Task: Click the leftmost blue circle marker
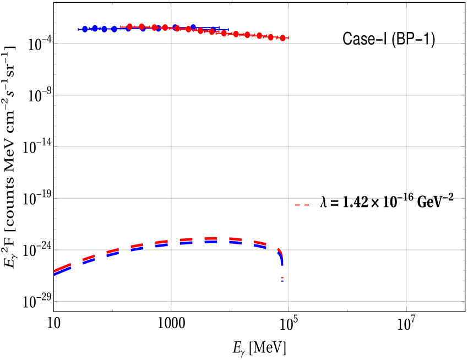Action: coord(85,29)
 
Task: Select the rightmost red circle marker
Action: coord(282,38)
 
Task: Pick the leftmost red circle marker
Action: coord(129,26)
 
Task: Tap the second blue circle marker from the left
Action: coord(95,28)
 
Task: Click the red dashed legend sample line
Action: coord(302,205)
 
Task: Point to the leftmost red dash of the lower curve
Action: coord(62,268)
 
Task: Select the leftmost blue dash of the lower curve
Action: coord(62,271)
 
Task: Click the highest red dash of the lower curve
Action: coord(211,238)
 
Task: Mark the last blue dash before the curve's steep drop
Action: coord(259,246)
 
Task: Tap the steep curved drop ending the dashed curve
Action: coord(281,256)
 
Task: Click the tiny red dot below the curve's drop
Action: coord(282,277)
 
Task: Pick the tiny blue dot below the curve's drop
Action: coord(282,281)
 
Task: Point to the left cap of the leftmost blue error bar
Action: coord(78,29)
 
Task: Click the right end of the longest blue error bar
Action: coord(228,30)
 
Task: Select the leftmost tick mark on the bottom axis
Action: coord(171,309)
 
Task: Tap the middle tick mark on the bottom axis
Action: coord(289,309)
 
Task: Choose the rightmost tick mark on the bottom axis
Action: coord(406,309)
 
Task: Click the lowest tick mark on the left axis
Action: coord(56,301)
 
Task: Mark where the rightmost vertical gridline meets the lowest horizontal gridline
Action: coord(406,301)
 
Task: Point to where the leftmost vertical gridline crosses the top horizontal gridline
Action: coord(171,43)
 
